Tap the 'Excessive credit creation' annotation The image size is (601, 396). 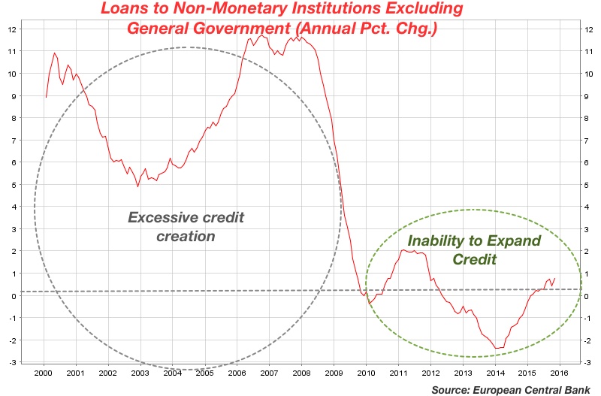coord(186,226)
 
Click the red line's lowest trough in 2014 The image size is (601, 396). coord(497,349)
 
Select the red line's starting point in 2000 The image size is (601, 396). coord(46,97)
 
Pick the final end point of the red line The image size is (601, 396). coord(555,278)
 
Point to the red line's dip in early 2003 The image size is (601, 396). coord(137,186)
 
